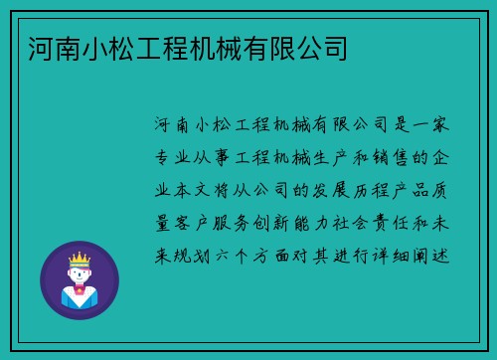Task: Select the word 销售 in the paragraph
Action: click(402, 157)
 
